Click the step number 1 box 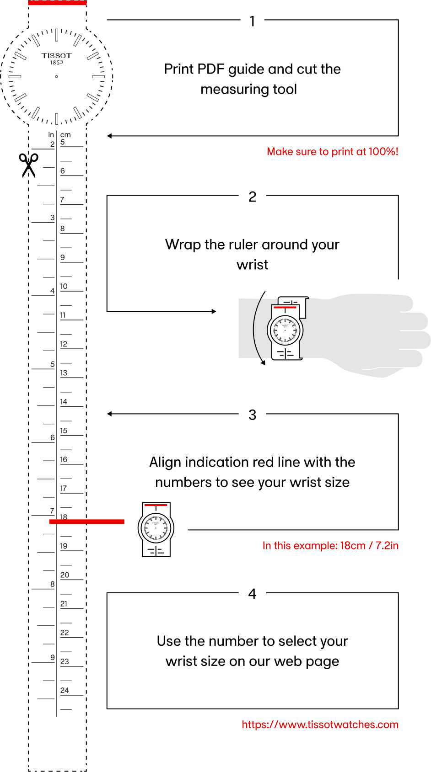coord(252,21)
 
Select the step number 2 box coord(252,197)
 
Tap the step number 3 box coord(252,415)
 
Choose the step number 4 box coord(252,593)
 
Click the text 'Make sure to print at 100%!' coord(332,152)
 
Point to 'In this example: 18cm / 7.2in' coord(330,546)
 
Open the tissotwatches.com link coord(320,724)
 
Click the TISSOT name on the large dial coord(57,56)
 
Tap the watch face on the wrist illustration coord(285,330)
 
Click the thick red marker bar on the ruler coord(86,522)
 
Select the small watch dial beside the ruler coord(156,528)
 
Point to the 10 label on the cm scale coord(64,286)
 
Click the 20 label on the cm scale coord(65,575)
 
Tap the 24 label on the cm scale coord(65,690)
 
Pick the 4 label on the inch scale coord(52,291)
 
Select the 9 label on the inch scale coord(52,657)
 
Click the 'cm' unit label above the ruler coord(65,135)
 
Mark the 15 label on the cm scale coord(64,431)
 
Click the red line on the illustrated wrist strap coord(285,308)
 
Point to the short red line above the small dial coord(156,505)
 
